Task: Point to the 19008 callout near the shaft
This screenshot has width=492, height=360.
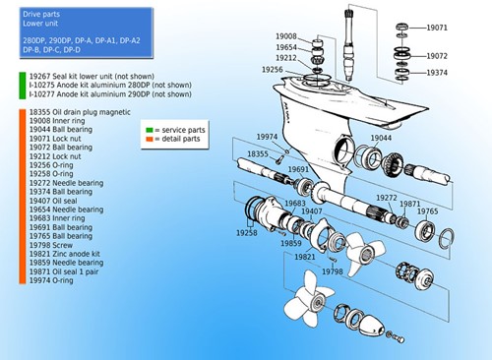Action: (287, 36)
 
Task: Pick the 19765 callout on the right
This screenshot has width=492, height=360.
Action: (427, 211)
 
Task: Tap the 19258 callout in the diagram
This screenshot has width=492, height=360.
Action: (247, 233)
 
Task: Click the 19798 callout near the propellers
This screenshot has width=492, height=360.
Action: (333, 270)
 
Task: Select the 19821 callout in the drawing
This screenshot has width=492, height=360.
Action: (306, 256)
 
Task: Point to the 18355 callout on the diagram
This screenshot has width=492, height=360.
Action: (258, 154)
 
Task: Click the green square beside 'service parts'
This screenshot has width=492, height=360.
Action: (147, 129)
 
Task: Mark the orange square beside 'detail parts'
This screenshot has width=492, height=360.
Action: (147, 140)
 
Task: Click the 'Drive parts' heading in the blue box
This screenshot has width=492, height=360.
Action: (44, 13)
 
